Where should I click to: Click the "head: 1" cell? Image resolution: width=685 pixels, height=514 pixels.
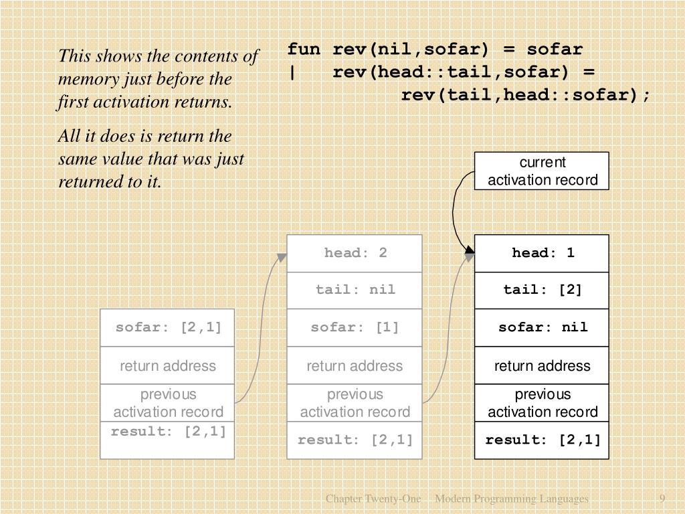[542, 253]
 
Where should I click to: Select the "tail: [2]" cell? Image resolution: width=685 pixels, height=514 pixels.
[542, 290]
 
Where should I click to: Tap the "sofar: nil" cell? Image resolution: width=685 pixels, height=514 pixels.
[542, 327]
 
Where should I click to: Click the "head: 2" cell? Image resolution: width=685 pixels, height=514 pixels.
[355, 253]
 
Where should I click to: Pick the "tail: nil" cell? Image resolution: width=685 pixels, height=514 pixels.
[355, 290]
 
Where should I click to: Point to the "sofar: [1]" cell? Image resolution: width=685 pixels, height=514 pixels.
[355, 327]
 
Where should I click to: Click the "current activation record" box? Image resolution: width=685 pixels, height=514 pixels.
[542, 171]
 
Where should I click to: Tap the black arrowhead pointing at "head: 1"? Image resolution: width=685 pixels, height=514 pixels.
[470, 253]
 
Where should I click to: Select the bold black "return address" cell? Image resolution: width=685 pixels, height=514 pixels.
[542, 365]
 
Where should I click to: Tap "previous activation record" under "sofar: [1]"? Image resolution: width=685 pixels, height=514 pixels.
[355, 403]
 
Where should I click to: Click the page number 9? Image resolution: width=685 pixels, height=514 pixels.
[662, 499]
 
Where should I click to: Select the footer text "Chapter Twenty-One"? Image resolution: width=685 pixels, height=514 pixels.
[373, 499]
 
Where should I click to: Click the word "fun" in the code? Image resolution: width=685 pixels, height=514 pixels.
[304, 50]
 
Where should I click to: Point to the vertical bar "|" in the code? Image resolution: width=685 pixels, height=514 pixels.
[292, 72]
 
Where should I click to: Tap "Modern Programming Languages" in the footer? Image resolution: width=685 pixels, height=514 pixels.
[512, 499]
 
